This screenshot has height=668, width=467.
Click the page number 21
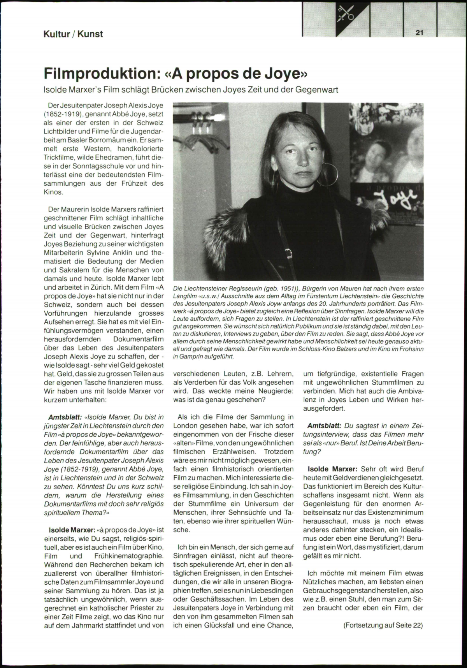[x=419, y=33]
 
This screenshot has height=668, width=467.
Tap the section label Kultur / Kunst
[x=73, y=34]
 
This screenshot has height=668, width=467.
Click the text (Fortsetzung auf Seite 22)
[x=383, y=625]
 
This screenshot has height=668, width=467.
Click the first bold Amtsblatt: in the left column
[x=65, y=417]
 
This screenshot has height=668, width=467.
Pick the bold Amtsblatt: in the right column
[x=324, y=425]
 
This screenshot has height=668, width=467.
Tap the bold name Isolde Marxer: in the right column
[x=332, y=469]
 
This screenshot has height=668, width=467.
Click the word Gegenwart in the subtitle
[x=317, y=90]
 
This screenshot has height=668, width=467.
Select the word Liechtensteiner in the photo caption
[x=207, y=288]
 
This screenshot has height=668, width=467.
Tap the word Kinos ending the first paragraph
[x=53, y=192]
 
